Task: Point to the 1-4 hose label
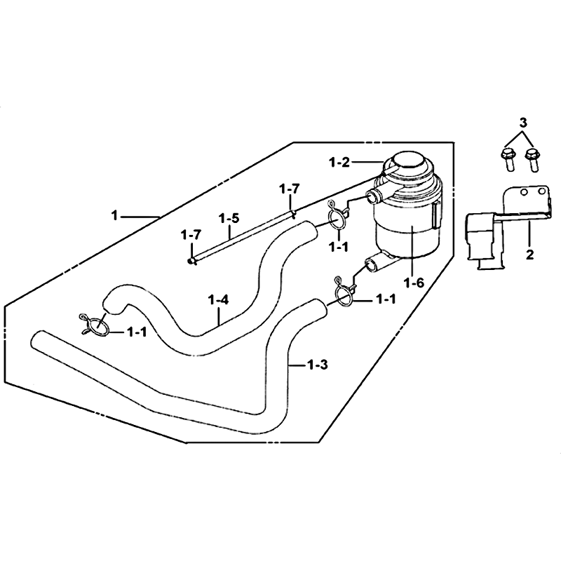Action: click(219, 300)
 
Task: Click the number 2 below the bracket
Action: click(529, 255)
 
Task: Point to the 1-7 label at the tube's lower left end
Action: click(190, 234)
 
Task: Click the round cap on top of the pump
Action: click(410, 168)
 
